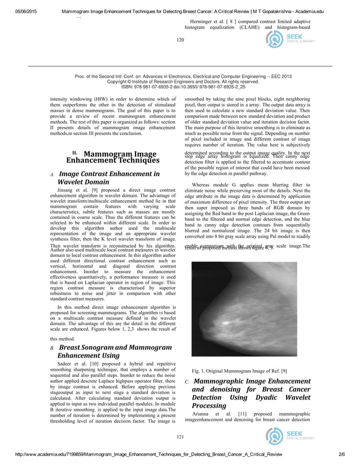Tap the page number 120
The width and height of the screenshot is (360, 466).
click(181, 39)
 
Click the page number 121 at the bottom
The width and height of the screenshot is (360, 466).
click(181, 437)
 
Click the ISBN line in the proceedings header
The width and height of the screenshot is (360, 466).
click(180, 87)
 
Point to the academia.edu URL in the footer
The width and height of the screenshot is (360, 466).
click(141, 455)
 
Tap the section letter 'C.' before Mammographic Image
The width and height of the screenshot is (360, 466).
click(187, 383)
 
